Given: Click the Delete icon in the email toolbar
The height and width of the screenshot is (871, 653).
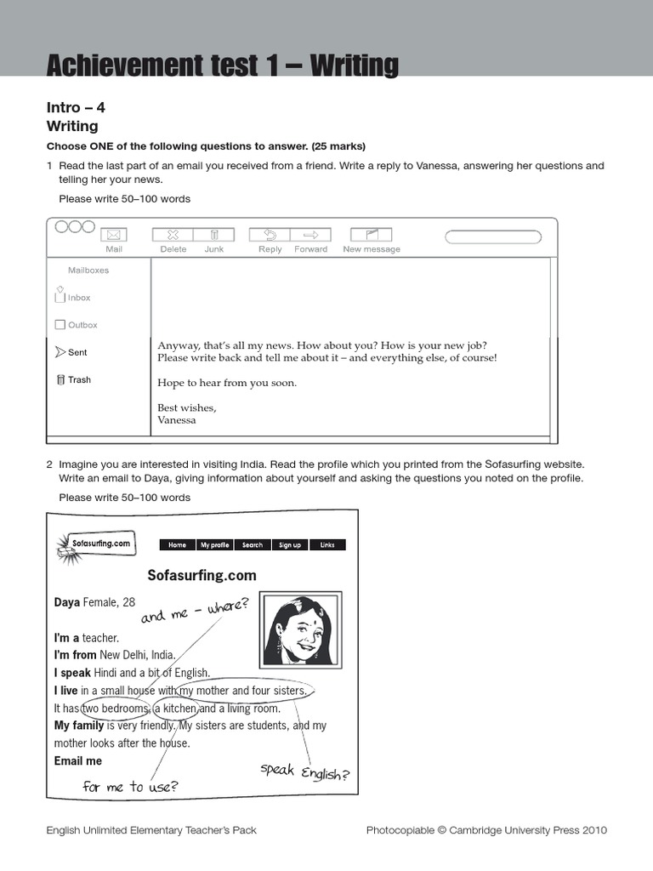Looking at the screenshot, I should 173,235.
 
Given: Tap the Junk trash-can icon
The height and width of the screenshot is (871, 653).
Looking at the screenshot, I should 214,235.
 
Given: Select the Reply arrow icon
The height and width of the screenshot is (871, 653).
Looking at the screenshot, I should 270,235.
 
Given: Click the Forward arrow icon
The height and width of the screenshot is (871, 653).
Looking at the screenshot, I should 310,235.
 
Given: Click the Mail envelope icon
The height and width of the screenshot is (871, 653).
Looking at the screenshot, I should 114,235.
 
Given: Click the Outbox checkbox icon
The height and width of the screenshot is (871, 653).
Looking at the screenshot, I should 60,325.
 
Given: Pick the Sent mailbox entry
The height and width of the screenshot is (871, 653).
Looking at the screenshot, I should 71,352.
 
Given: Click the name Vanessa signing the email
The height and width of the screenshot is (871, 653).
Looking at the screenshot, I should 177,420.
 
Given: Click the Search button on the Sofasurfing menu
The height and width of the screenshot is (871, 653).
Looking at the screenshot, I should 253,545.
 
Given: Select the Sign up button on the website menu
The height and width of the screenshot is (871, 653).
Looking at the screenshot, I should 290,545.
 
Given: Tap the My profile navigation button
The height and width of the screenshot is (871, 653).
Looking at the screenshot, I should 214,545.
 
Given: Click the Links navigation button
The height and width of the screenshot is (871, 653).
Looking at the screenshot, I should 327,545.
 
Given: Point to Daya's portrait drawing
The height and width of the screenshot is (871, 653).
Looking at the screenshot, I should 301,629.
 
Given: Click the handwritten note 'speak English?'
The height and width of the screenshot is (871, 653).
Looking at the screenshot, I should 304,772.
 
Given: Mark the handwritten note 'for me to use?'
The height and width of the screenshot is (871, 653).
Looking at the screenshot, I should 129,786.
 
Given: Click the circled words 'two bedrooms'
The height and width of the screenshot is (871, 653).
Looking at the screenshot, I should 115,709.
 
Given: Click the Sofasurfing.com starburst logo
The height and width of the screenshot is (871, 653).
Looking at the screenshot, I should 94,544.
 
